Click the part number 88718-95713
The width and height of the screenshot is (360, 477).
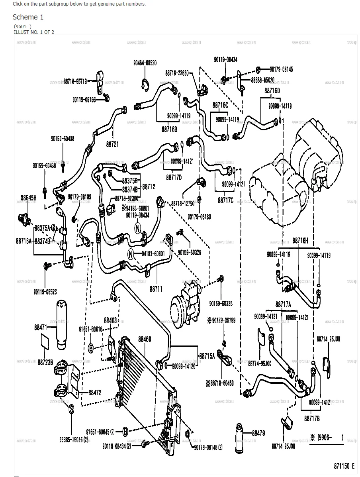pos(74,81)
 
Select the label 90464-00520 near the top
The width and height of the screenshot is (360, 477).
pos(145,63)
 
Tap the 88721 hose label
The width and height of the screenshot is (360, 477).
pos(112,144)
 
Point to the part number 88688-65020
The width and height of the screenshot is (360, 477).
pos(262,80)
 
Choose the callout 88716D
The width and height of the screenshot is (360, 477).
pos(272,90)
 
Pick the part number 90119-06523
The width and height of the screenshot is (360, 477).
pos(45,292)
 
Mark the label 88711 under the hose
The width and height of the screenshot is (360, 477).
pos(156,289)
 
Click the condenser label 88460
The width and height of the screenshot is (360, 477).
pos(145,339)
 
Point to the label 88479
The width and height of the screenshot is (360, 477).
pos(258,433)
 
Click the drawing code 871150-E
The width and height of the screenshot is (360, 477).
pos(344,465)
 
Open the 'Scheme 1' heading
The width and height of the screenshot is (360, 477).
pos(28,17)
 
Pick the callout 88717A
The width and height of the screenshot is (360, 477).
pos(283,304)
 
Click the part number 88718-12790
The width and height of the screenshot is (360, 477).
pos(182,204)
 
